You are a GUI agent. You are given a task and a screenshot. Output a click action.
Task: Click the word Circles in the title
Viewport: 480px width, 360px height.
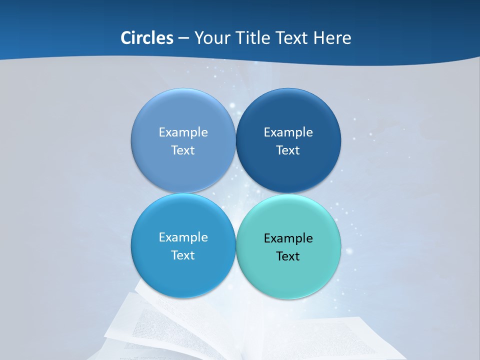[146, 38]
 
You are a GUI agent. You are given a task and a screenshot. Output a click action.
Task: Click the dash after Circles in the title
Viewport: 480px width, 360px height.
[183, 38]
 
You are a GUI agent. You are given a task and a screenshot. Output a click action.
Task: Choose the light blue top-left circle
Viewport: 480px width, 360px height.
[183, 107]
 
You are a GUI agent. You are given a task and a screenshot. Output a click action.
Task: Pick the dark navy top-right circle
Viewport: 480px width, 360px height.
[288, 107]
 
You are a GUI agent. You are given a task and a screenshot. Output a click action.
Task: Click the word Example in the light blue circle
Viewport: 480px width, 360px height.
[183, 132]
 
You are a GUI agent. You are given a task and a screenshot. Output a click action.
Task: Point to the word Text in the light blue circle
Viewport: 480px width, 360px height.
[183, 150]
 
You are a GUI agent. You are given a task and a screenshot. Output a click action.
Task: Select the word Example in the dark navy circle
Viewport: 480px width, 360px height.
[288, 132]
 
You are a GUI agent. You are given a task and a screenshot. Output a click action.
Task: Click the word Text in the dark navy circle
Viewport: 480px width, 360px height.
[288, 150]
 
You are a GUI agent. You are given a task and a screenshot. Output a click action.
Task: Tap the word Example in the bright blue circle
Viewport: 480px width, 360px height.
[183, 237]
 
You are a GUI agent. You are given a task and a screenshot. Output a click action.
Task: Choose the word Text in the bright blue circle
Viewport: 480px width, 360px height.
[183, 255]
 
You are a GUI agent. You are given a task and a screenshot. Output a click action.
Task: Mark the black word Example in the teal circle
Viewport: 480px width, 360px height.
[288, 238]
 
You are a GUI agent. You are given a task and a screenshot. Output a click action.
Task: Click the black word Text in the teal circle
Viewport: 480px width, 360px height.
[288, 256]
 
